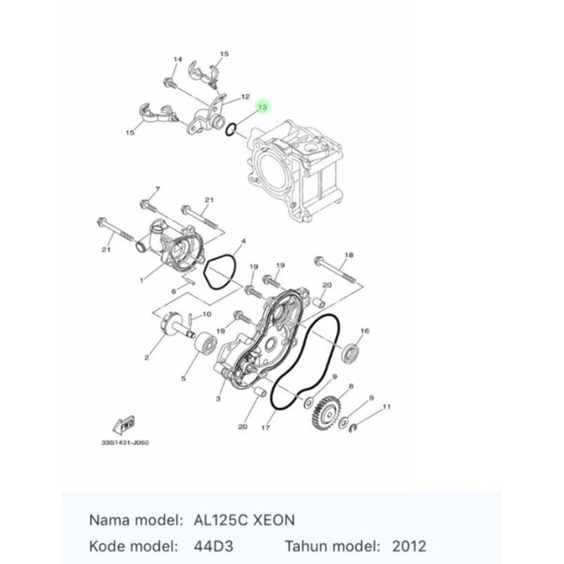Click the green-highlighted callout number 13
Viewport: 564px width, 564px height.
click(x=263, y=107)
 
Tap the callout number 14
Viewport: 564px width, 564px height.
click(x=177, y=60)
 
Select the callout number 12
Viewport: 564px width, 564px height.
click(x=245, y=97)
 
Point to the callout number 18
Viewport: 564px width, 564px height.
click(x=349, y=255)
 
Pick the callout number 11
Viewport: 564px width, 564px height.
click(x=387, y=407)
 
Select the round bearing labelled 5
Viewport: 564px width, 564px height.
click(x=205, y=344)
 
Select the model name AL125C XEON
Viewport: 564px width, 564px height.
click(x=244, y=521)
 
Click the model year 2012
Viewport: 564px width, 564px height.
click(x=410, y=547)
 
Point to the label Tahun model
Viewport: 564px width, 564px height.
click(x=331, y=547)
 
